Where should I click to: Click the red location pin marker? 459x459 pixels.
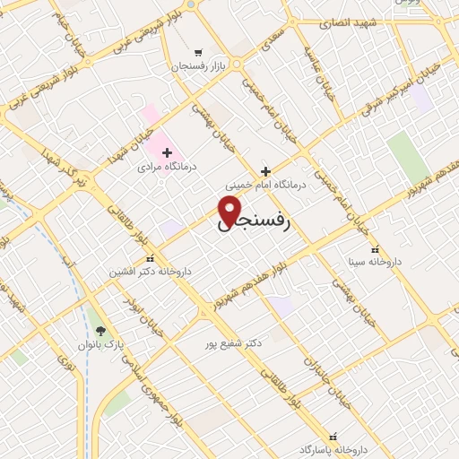(x=230, y=209)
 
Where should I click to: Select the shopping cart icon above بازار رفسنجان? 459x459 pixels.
(x=198, y=52)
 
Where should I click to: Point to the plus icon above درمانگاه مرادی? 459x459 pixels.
(x=167, y=152)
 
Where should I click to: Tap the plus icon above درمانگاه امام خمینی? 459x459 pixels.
(x=264, y=169)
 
